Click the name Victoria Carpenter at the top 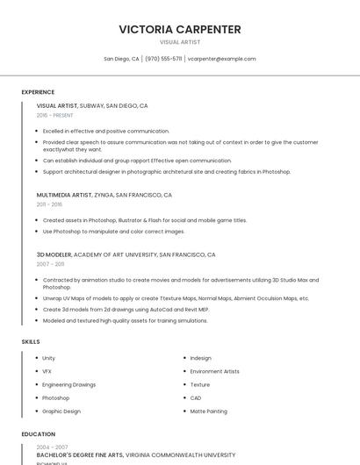[x=180, y=29]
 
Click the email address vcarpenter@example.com [x=221, y=59]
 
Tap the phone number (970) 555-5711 [x=163, y=59]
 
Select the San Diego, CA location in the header [x=121, y=59]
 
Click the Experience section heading [x=38, y=91]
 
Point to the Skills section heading [x=31, y=341]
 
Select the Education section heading [x=38, y=434]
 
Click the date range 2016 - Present [x=55, y=115]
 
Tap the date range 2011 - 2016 [x=50, y=204]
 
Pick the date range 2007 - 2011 [x=50, y=264]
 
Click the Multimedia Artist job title [x=64, y=195]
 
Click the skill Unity [x=48, y=358]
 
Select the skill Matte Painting [x=208, y=411]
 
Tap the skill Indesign [x=200, y=358]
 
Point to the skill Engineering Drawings [x=68, y=384]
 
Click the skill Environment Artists [x=214, y=371]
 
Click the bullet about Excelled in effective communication [x=105, y=131]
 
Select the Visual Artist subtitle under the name [x=180, y=41]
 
